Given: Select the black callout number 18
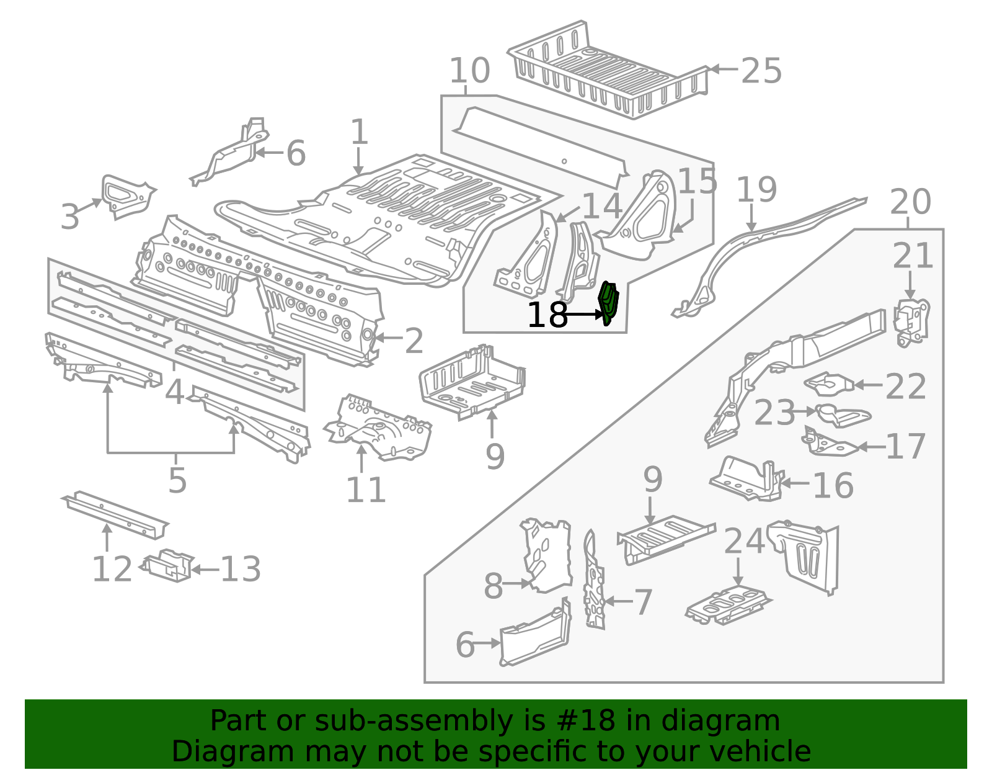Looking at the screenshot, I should [x=547, y=315].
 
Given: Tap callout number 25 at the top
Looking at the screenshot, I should [x=761, y=71].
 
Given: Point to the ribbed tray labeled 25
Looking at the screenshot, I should [x=608, y=71].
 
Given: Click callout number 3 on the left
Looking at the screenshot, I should [x=70, y=217].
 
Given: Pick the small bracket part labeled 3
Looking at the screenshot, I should [x=126, y=195].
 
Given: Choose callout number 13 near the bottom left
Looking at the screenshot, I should [x=241, y=569].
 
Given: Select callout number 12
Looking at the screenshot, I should [x=112, y=569].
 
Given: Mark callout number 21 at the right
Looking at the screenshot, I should [x=912, y=256].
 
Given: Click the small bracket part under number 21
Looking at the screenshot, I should [x=911, y=321].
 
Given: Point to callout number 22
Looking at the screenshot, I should [x=905, y=387].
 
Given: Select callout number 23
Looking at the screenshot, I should [x=774, y=413].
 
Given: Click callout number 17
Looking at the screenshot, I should [x=906, y=446].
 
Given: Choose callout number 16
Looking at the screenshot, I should [x=833, y=485].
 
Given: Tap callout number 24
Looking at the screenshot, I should [x=744, y=541].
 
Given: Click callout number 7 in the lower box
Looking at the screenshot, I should [x=643, y=603].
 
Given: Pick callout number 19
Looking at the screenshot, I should [x=756, y=190].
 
